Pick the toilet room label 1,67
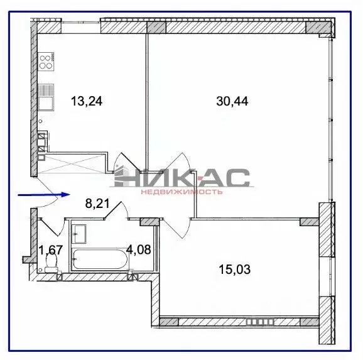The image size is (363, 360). click(50, 249)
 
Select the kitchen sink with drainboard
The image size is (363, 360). click(46, 101)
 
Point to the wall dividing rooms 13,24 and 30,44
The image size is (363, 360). click(148, 94)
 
